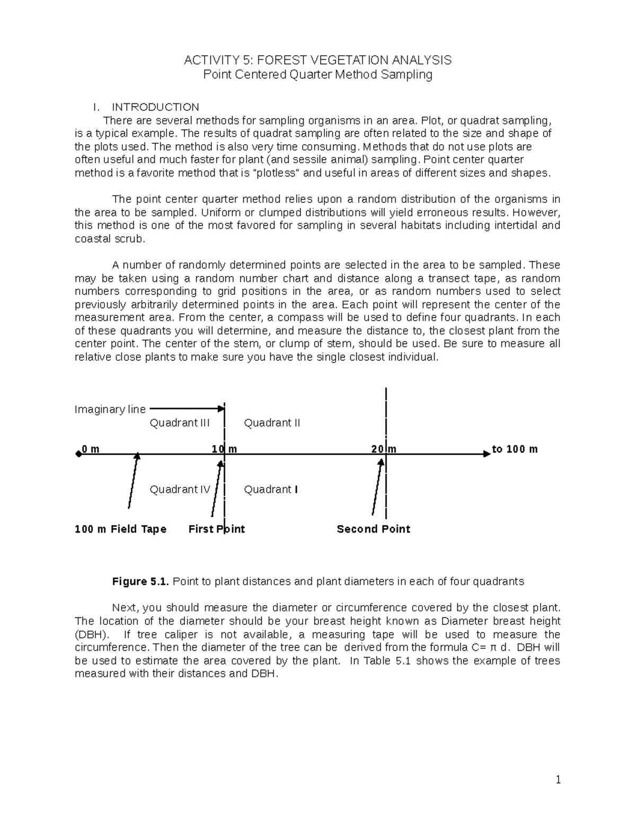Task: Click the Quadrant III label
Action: click(x=180, y=423)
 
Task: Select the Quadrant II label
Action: click(x=272, y=423)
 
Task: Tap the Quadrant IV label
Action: click(x=180, y=489)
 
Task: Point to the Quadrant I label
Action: click(x=270, y=489)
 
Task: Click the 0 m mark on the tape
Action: click(x=91, y=449)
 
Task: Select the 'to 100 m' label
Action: click(x=515, y=449)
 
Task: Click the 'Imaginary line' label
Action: click(x=110, y=409)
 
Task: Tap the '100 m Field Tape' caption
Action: click(x=121, y=529)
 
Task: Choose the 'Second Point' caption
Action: click(x=373, y=529)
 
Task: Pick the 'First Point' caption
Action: click(x=216, y=529)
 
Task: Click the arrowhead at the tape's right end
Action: click(x=487, y=454)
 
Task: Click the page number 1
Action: click(x=558, y=779)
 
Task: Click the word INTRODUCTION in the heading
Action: click(x=155, y=107)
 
